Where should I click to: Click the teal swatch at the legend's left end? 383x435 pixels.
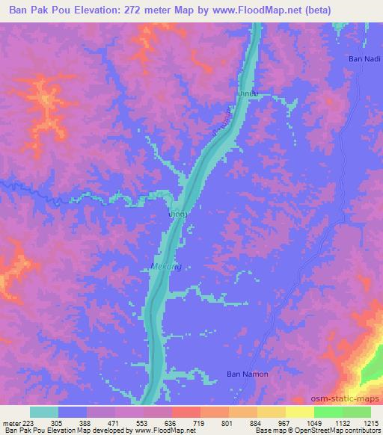point(43,411)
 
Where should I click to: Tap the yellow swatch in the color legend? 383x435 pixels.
point(299,411)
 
